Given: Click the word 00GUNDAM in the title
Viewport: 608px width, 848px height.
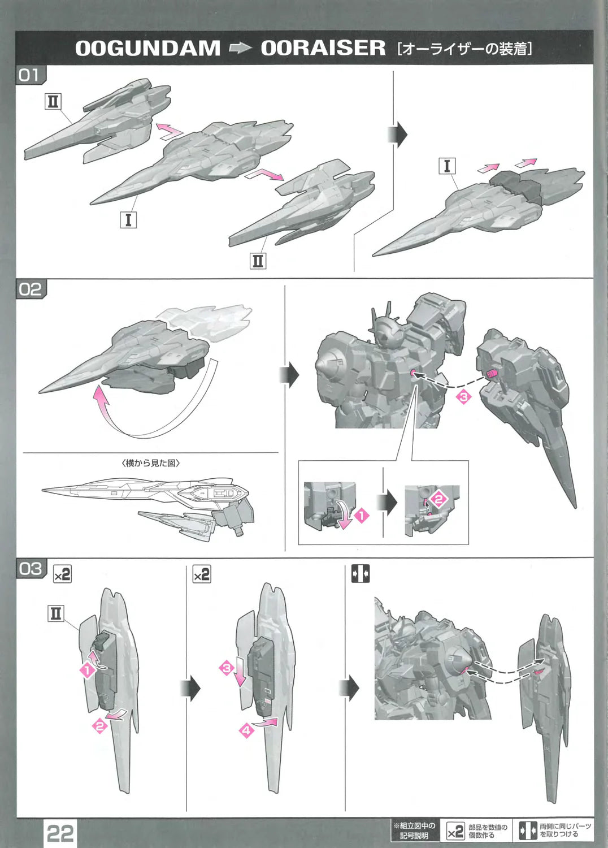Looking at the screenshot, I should click(x=147, y=48).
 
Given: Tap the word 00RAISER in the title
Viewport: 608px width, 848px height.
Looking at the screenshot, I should click(x=323, y=48).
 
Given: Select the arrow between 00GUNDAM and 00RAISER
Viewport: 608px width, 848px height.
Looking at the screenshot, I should click(x=240, y=49).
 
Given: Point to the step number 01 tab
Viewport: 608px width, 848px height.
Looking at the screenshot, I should click(x=30, y=75).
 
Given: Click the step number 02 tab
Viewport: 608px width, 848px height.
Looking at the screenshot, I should click(x=31, y=289).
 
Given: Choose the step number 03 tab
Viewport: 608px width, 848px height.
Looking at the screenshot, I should click(x=31, y=568).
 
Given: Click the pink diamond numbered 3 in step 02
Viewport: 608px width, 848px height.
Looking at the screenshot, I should click(x=463, y=397).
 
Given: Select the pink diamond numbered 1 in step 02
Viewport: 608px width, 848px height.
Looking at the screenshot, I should click(x=362, y=515).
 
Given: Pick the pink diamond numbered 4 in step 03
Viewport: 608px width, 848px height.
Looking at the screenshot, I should click(x=246, y=730).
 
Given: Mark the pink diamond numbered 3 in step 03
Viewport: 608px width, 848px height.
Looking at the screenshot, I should click(x=227, y=668).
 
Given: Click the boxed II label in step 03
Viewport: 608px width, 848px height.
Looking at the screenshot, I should click(x=56, y=613).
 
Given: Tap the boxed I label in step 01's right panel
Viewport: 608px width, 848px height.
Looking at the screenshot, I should click(x=447, y=166).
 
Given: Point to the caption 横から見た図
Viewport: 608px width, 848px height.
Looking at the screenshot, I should click(x=151, y=463).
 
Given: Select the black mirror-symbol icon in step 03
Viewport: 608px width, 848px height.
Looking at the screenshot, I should click(x=361, y=574).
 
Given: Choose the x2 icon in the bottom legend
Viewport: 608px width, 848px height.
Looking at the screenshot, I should click(x=455, y=832).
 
